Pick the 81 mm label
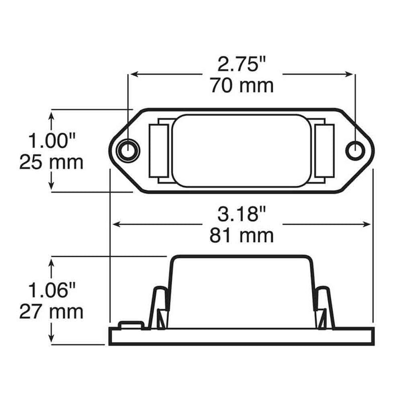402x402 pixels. coord(242,235)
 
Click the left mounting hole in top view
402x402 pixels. coord(128,150)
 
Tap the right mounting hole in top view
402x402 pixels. coord(355,150)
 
